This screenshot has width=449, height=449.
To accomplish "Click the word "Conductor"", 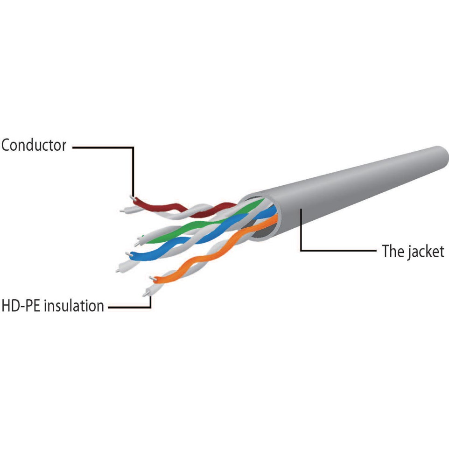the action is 34,145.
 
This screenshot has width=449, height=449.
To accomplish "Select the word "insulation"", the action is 74,306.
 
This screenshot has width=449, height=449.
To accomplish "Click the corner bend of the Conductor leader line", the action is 133,147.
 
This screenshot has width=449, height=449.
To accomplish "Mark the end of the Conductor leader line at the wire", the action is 133,196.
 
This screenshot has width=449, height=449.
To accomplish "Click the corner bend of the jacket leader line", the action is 301,251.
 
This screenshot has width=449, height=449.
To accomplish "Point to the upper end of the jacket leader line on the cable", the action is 301,209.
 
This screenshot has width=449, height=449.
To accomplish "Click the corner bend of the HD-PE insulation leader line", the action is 150,308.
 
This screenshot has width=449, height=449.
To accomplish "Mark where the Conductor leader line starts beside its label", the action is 73,147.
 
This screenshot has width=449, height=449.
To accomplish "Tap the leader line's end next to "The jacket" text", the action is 376,251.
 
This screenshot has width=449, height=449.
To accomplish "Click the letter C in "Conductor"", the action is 6,145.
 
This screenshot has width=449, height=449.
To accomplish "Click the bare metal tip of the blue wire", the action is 128,254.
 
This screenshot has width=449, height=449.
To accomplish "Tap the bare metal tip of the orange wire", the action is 152,278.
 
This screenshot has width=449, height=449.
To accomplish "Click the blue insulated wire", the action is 200,235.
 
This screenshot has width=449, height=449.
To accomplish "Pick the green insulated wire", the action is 200,224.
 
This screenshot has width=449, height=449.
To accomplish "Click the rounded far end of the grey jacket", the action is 442,157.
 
